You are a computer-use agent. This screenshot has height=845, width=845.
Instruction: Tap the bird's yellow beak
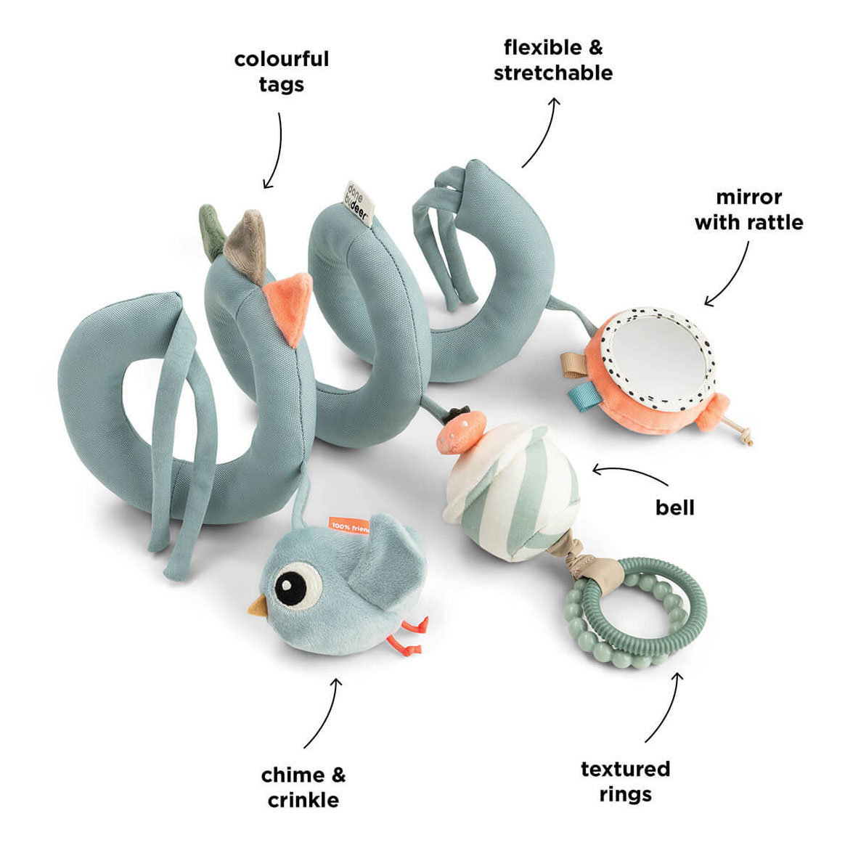point(258,607)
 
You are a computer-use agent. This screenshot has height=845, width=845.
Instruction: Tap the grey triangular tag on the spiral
point(246,240)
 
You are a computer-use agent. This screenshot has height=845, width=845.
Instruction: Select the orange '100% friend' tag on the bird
point(348,526)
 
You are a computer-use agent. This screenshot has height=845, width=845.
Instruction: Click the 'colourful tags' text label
point(282,72)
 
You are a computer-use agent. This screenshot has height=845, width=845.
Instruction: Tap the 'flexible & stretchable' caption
point(553,60)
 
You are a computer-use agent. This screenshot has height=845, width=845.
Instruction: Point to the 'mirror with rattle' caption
point(748,209)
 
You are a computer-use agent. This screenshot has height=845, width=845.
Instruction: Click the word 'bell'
point(674,507)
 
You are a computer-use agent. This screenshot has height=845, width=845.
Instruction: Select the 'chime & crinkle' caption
point(303,788)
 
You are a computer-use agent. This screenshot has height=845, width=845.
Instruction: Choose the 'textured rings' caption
point(625,781)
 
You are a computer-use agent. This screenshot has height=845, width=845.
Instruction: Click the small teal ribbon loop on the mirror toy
point(580,394)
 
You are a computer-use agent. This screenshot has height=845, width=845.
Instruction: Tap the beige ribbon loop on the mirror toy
point(575,363)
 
